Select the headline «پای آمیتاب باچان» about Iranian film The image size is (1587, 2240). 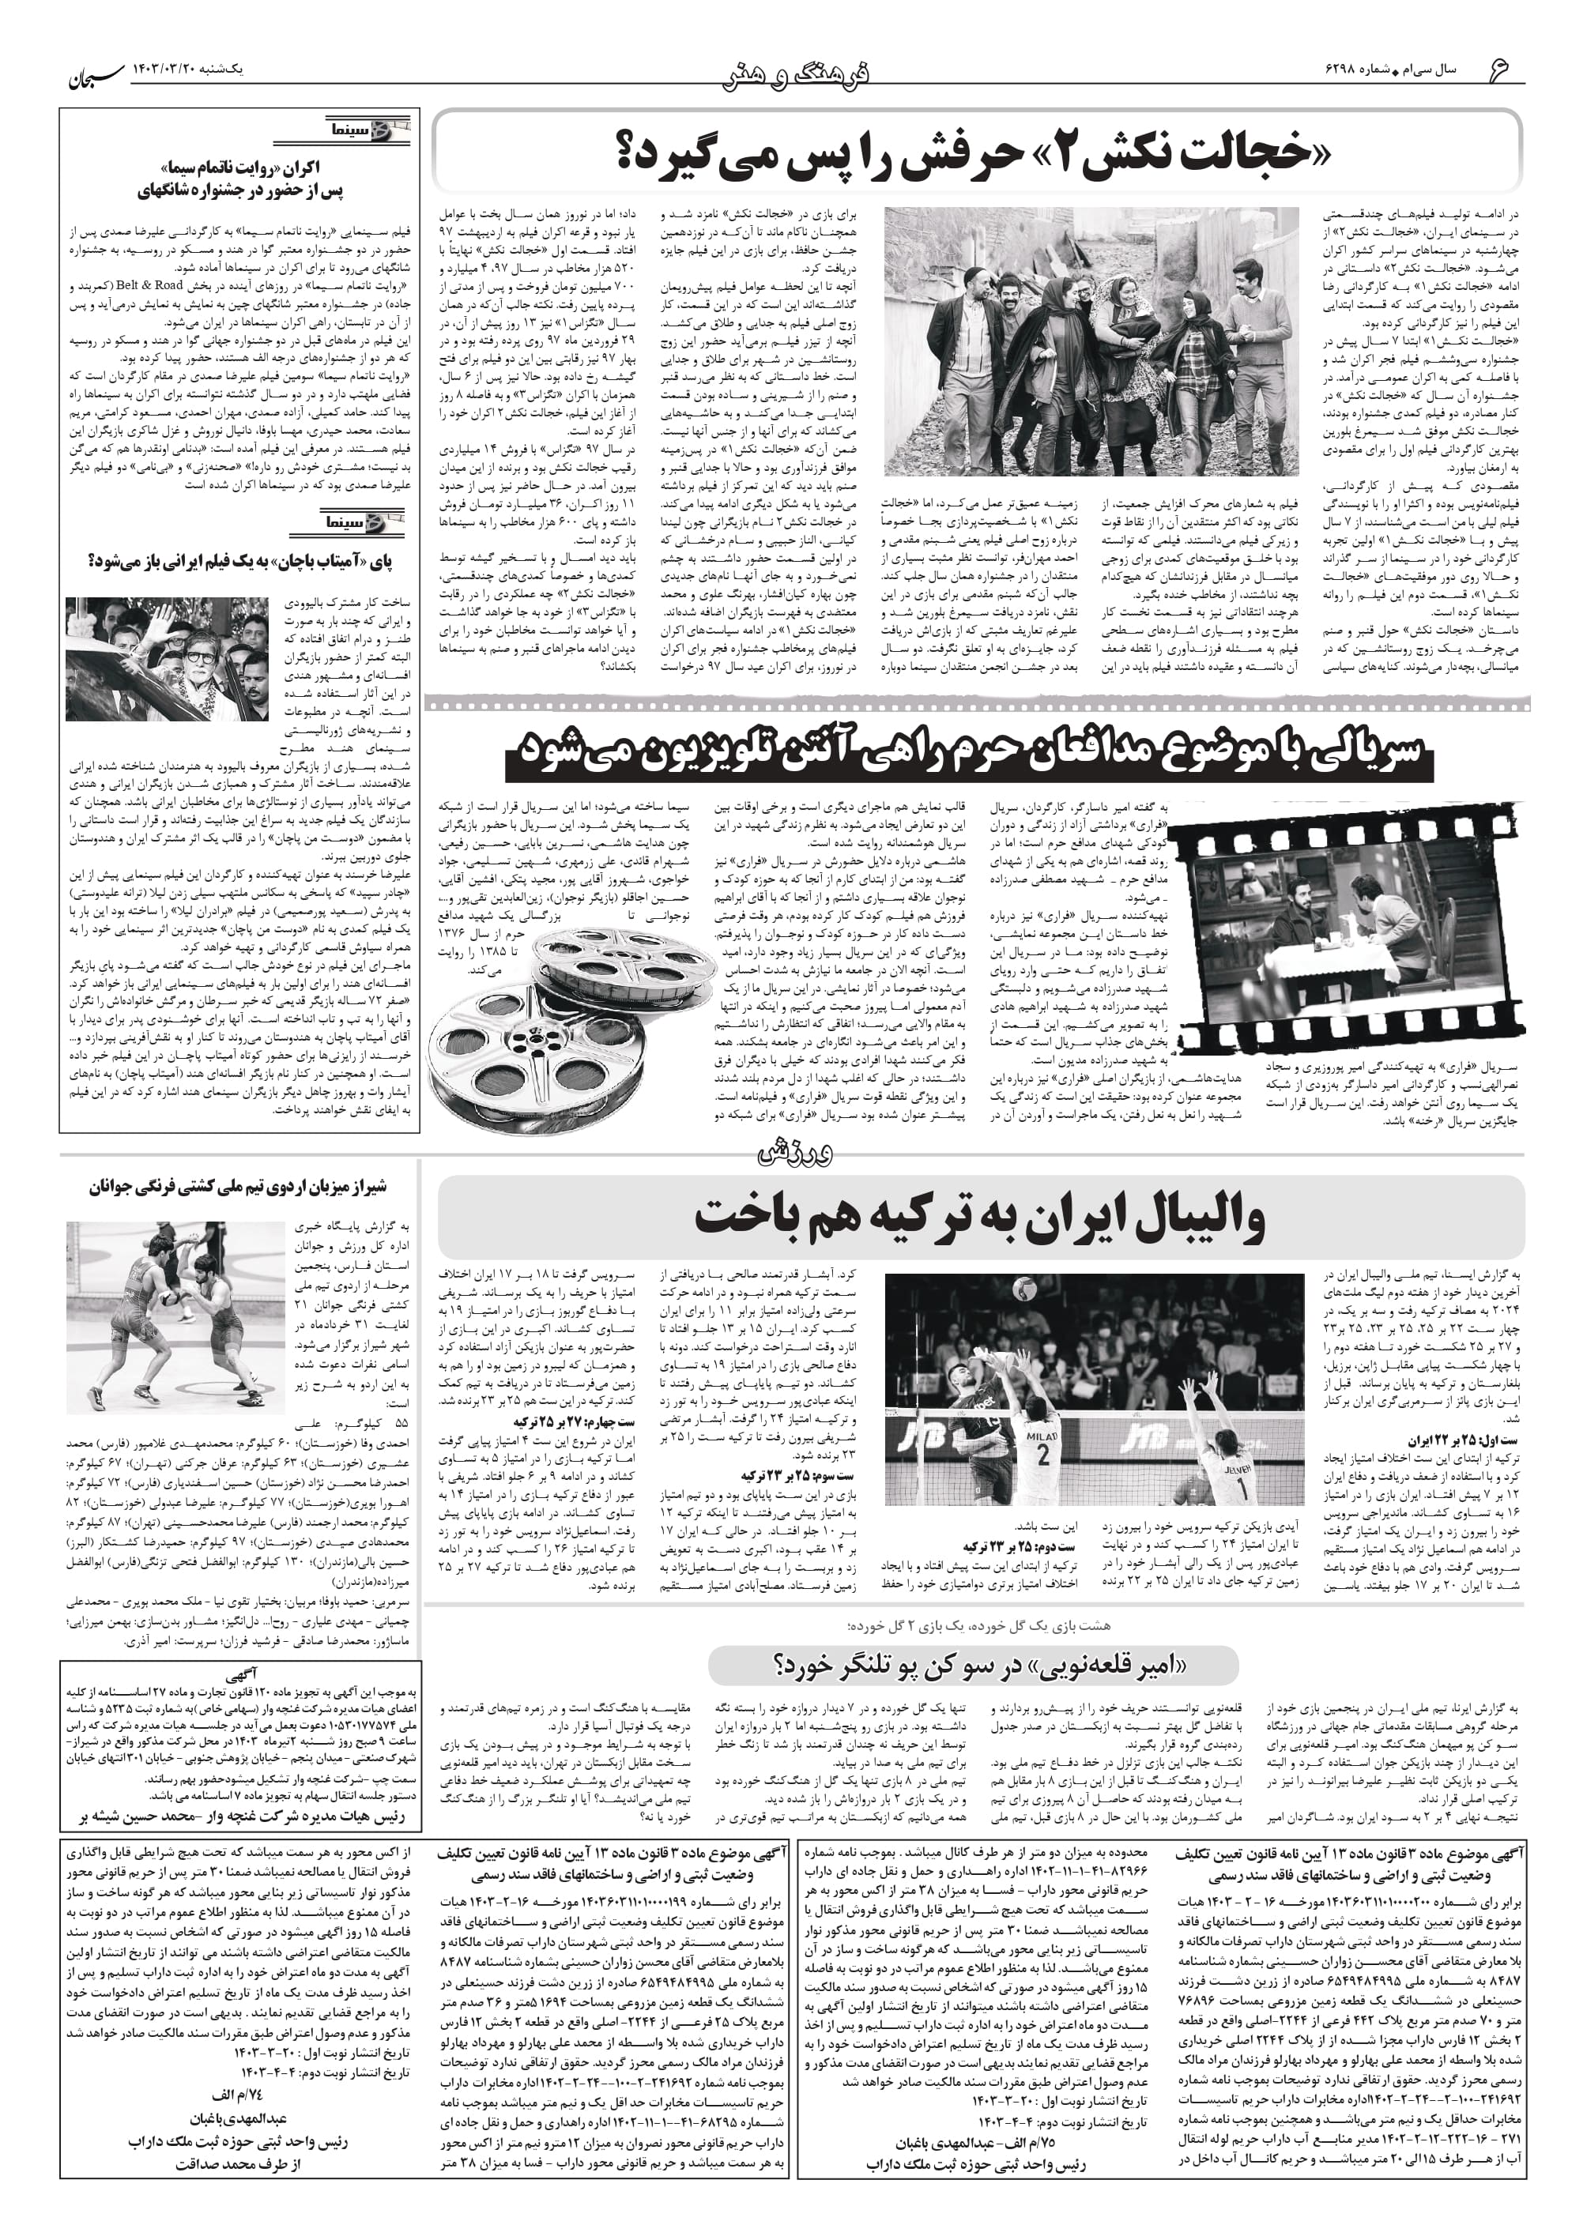(240, 561)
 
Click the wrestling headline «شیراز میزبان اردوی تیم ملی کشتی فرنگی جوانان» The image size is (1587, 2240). (239, 1187)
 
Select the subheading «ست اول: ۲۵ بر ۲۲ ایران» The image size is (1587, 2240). (1461, 1440)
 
